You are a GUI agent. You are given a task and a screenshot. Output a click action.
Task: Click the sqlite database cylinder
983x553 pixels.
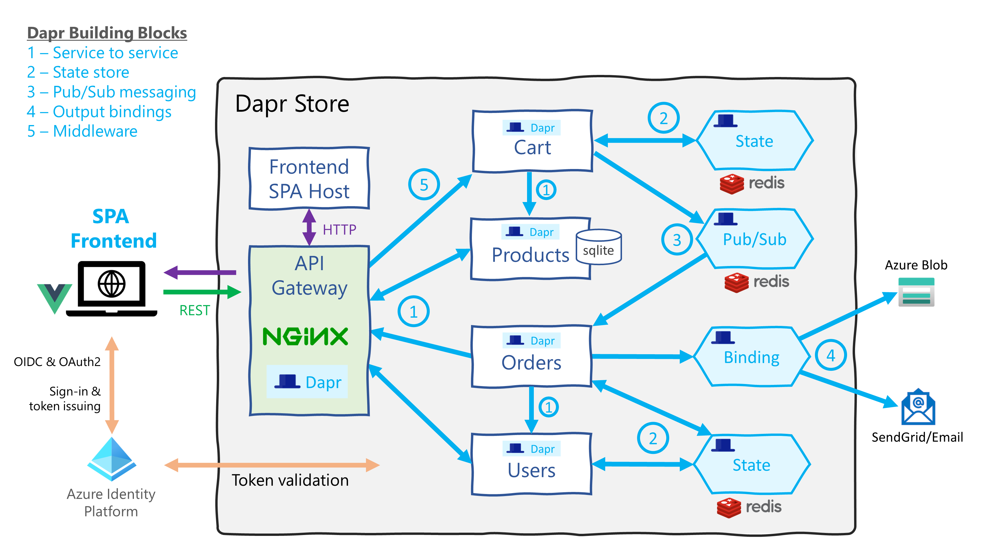click(x=598, y=247)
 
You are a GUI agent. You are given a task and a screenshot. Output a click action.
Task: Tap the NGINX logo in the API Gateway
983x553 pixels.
click(x=305, y=336)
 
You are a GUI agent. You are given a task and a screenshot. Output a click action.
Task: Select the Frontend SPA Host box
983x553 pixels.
click(x=309, y=179)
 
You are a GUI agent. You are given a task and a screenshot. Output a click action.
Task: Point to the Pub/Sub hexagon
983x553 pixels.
click(x=754, y=239)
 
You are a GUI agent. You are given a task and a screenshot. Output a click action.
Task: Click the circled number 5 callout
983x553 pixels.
click(x=424, y=185)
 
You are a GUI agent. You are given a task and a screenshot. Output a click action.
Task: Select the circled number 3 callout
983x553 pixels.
click(x=677, y=240)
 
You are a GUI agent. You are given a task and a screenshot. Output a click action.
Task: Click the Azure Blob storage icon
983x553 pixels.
click(x=916, y=292)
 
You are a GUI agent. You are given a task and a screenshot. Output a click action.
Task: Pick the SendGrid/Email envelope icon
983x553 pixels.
click(x=918, y=407)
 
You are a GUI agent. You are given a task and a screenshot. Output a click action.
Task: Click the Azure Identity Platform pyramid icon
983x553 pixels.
click(x=111, y=458)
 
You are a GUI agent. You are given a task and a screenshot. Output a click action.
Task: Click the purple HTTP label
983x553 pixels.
click(x=339, y=230)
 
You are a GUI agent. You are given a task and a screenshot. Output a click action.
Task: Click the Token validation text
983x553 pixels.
click(x=290, y=480)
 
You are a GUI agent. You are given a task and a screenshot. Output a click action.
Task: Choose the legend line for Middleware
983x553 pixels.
click(x=82, y=131)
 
